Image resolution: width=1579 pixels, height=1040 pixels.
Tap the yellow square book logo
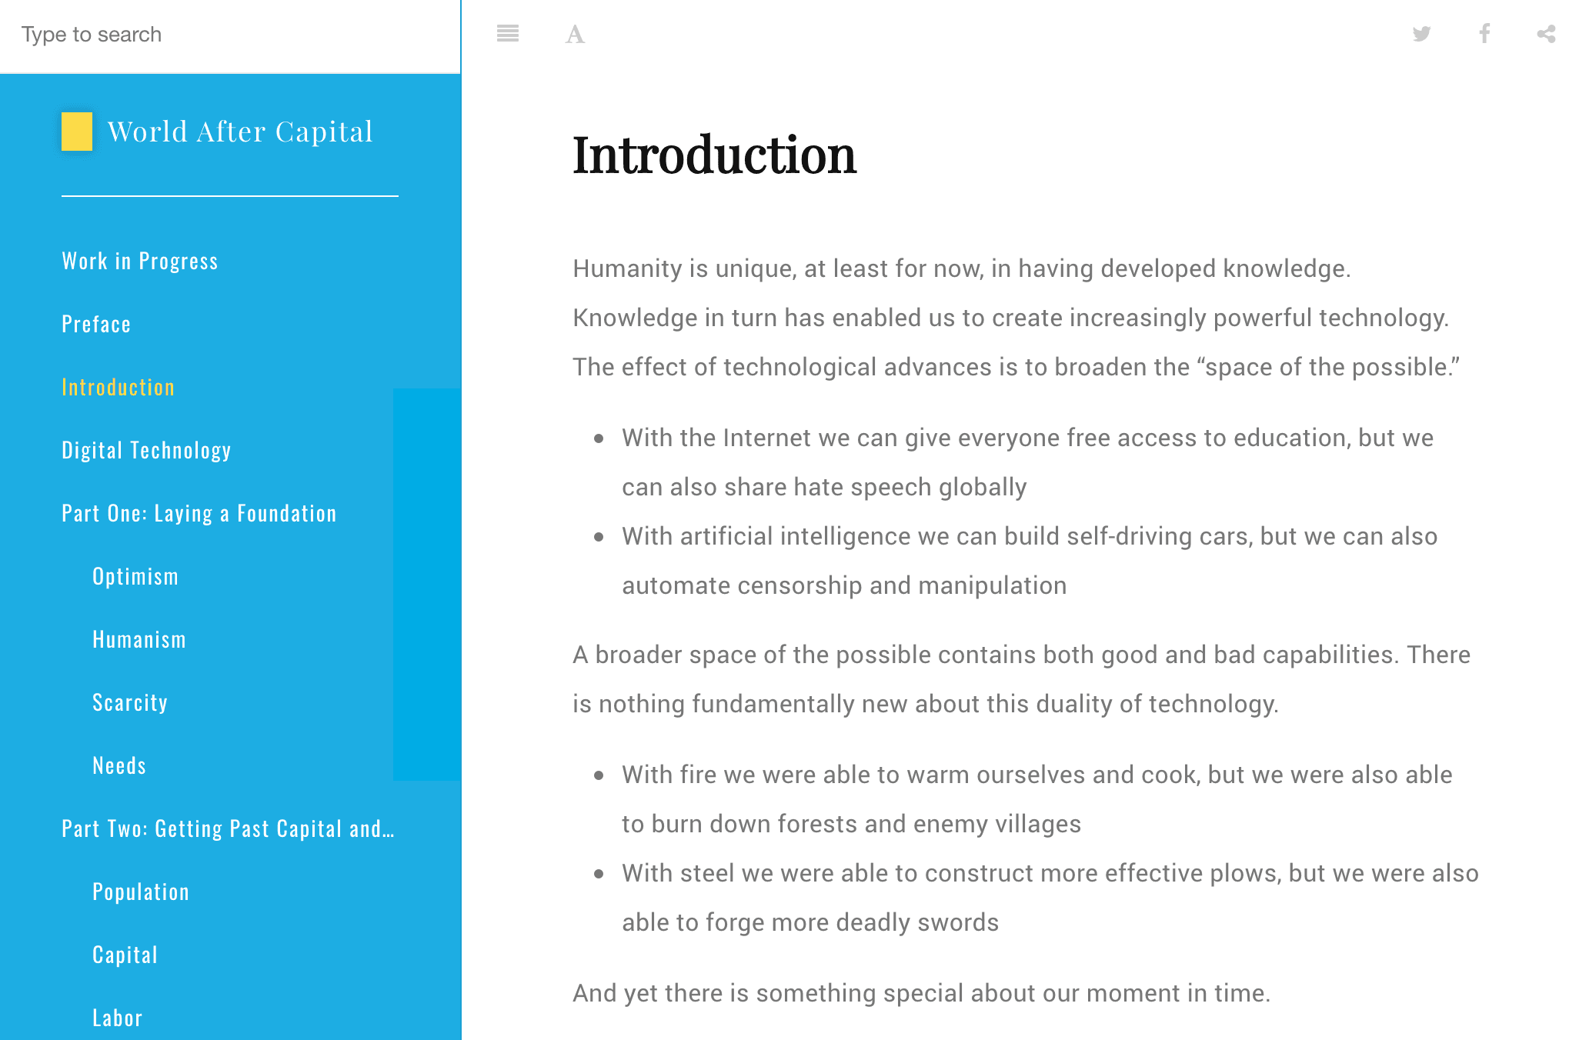click(77, 132)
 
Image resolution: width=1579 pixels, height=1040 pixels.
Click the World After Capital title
click(240, 132)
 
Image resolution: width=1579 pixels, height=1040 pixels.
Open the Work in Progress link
click(140, 261)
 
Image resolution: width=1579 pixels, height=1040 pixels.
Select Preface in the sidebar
click(96, 324)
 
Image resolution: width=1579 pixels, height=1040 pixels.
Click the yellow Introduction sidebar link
click(119, 387)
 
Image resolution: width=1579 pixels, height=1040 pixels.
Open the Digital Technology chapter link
click(146, 450)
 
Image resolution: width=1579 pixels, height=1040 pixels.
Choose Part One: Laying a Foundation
click(199, 513)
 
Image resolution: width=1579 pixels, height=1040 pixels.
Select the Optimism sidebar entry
click(135, 576)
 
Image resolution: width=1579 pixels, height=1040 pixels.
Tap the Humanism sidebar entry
click(139, 639)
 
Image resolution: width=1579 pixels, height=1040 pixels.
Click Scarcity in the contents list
click(130, 702)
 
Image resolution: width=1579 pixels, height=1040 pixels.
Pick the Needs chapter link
click(119, 765)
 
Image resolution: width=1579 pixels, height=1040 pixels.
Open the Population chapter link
click(141, 892)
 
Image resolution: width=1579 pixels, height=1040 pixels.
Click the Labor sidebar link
click(118, 1018)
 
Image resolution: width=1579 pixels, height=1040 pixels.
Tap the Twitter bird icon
click(1421, 34)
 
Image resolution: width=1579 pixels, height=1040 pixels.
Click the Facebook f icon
click(1484, 34)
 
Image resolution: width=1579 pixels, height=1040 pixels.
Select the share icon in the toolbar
click(1546, 34)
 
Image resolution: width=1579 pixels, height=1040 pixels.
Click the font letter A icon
click(575, 35)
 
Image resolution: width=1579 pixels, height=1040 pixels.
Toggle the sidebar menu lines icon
click(508, 34)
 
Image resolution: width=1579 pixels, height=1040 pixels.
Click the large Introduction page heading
click(714, 155)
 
